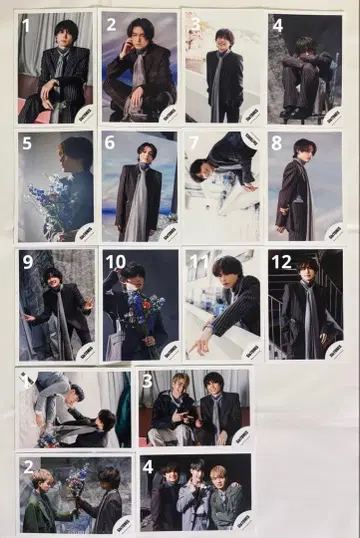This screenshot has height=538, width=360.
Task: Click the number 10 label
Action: pos(115,263)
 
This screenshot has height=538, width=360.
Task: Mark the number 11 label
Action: pos(198,263)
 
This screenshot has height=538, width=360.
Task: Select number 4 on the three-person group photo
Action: pos(148,467)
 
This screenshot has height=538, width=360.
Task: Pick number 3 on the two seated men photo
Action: pos(147,381)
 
